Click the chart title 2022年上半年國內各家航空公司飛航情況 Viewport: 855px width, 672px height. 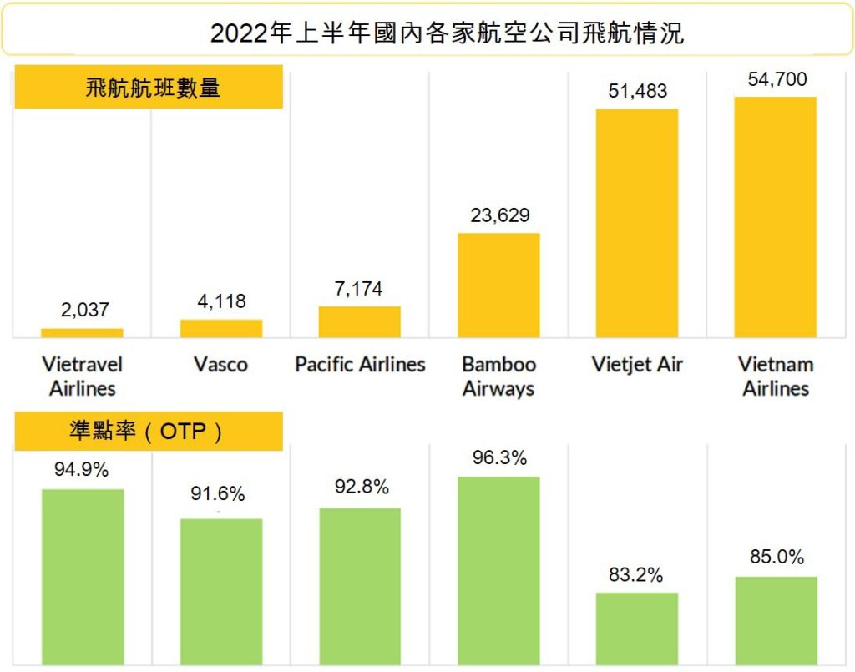(447, 33)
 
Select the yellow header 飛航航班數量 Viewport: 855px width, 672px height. (149, 87)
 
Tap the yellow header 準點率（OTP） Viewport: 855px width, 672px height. (149, 432)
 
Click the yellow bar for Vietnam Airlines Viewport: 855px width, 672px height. (775, 217)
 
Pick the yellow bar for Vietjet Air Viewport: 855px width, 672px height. (637, 223)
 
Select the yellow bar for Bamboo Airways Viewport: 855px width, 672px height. (498, 285)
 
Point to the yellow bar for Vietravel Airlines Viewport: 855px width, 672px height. (82, 333)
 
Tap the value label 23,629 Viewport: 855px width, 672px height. (499, 215)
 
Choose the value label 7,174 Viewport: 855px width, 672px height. (359, 289)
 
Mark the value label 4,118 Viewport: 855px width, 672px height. (221, 301)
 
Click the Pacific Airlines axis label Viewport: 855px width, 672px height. (360, 365)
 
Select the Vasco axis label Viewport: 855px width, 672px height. (220, 365)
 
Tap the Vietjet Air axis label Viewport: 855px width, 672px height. (637, 365)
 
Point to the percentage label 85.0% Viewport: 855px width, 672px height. (777, 558)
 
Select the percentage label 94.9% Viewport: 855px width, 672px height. (82, 470)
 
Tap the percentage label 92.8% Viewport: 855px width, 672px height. (359, 488)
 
